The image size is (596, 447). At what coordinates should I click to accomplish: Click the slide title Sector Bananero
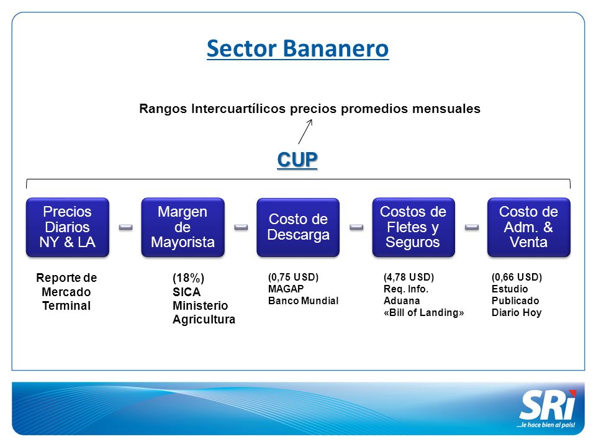click(x=297, y=48)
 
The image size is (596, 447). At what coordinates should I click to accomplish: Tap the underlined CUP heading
click(x=297, y=160)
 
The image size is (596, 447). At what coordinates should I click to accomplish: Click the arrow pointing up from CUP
click(x=305, y=132)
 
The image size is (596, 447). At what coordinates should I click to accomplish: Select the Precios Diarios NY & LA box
click(x=68, y=227)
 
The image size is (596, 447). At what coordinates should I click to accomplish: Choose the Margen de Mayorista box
click(x=183, y=227)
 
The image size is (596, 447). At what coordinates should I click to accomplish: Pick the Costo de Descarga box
click(x=298, y=227)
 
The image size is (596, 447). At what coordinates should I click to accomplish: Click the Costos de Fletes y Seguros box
click(x=413, y=227)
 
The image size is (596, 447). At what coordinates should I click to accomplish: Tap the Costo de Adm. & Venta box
click(x=529, y=227)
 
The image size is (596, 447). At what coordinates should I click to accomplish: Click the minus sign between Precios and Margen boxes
click(x=126, y=227)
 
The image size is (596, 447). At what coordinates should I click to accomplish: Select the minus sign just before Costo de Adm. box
click(x=472, y=227)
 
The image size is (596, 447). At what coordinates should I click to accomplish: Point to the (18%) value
click(x=189, y=278)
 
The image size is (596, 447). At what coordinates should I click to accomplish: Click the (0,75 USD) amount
click(x=293, y=277)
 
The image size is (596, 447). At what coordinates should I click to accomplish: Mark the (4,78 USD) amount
click(x=409, y=277)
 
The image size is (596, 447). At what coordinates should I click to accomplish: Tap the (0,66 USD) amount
click(x=517, y=277)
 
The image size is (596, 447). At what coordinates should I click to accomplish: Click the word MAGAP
click(x=286, y=289)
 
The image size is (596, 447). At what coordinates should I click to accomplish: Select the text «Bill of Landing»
click(x=424, y=312)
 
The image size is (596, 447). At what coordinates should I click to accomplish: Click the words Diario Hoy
click(x=517, y=312)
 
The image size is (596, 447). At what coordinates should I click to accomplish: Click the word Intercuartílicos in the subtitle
click(x=238, y=109)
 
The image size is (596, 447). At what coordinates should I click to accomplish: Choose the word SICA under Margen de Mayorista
click(x=186, y=292)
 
